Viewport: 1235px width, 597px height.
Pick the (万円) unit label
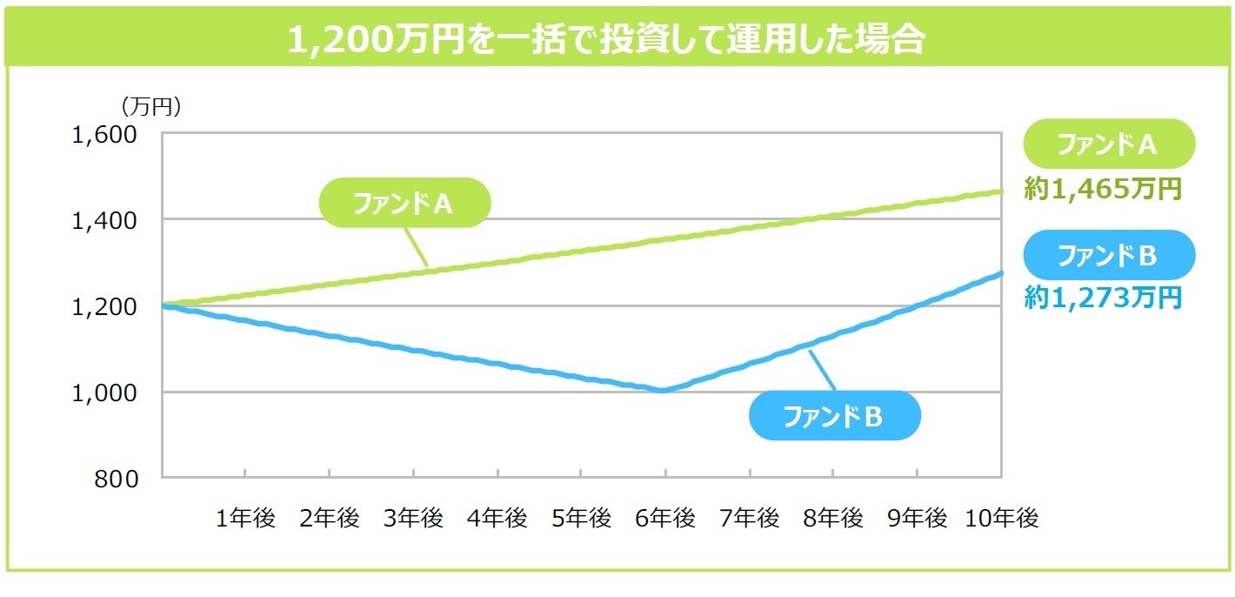click(150, 107)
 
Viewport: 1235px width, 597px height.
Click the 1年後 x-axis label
click(245, 519)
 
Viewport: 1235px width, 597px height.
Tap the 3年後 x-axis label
click(413, 519)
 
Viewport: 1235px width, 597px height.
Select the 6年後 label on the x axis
click(665, 519)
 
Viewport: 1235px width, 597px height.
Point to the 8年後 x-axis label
click(833, 519)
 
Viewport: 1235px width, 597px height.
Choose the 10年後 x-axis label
click(1002, 519)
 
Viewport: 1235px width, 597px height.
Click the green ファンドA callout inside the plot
click(404, 203)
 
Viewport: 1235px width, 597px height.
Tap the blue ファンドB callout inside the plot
click(833, 416)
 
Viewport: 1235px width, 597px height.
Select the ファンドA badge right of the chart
click(1108, 144)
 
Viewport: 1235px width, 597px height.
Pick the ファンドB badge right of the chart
click(1108, 255)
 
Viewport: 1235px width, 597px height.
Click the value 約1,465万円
click(1103, 189)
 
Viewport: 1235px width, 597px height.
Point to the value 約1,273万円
click(1103, 298)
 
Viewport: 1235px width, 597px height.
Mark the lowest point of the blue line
click(664, 390)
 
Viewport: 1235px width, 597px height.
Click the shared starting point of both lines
click(164, 305)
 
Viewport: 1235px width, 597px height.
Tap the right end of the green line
click(1000, 191)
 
